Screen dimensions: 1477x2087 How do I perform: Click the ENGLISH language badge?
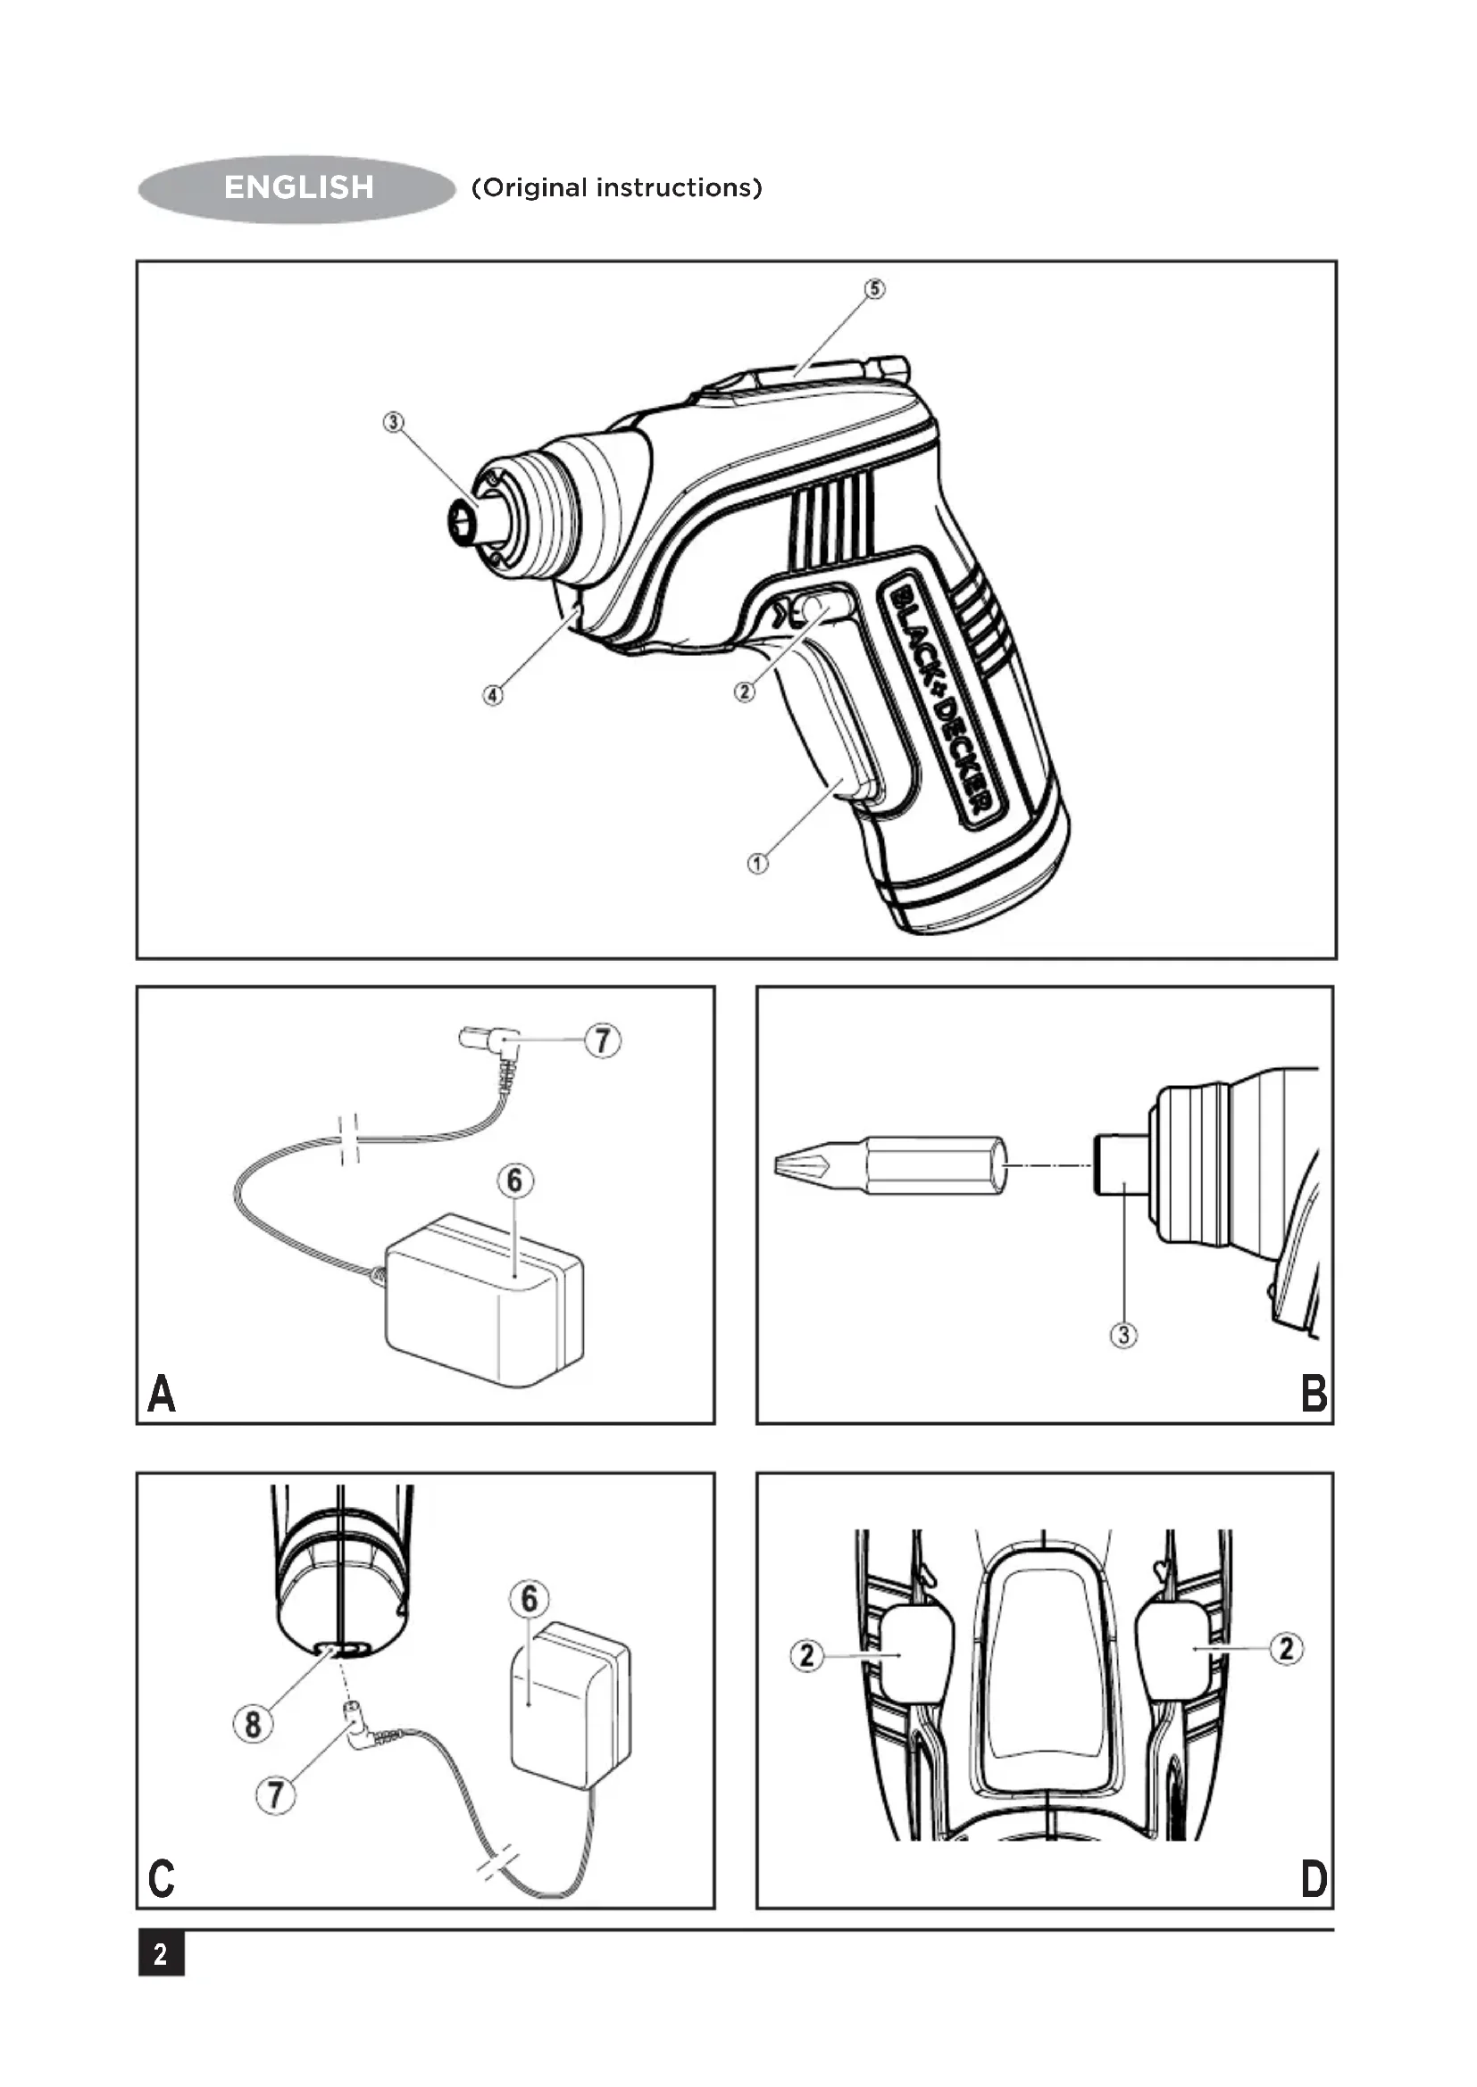tap(296, 188)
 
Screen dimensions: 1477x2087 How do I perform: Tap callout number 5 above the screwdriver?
tap(874, 289)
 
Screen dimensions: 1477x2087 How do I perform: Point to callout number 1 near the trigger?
tap(757, 863)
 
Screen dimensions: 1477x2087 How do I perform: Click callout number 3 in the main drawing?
tap(393, 423)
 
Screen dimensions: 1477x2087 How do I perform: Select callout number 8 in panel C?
tap(253, 1724)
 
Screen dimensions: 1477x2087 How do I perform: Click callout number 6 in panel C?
tap(530, 1599)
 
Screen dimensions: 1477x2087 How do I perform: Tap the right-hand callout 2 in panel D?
tap(1286, 1648)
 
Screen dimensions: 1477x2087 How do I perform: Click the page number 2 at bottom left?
tap(161, 1954)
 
